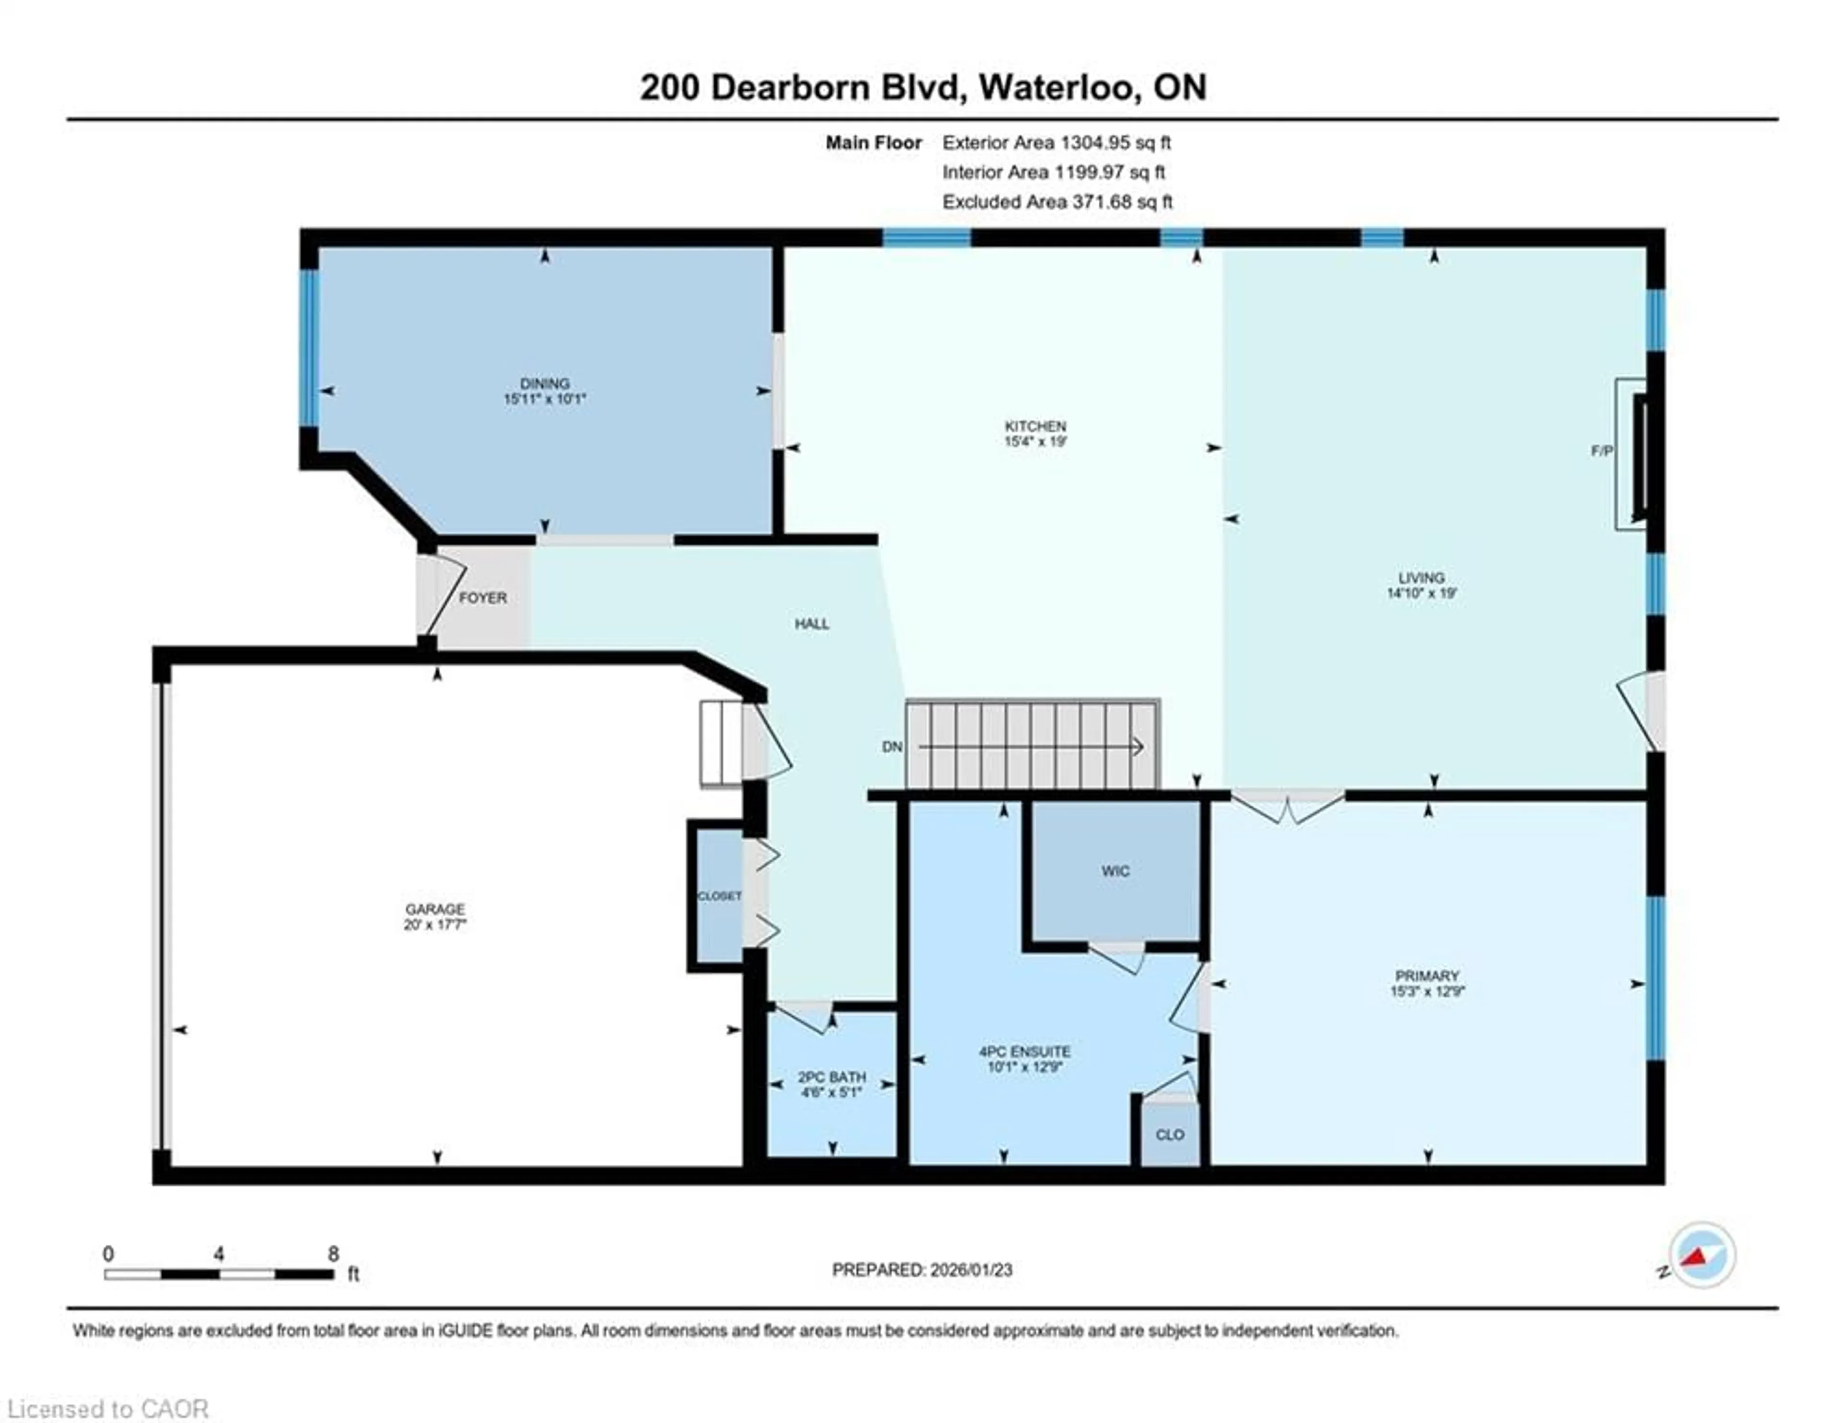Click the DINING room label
click(545, 383)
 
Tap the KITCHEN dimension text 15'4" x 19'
click(1035, 441)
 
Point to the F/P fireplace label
click(1601, 451)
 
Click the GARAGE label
click(435, 909)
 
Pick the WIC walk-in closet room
click(1115, 871)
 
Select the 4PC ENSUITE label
click(1024, 1051)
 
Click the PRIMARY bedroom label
click(1426, 976)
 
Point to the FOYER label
click(483, 598)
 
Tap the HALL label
click(812, 624)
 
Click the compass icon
click(1701, 1255)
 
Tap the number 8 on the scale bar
click(334, 1254)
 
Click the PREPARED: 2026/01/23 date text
click(922, 1270)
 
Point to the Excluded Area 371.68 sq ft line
click(1057, 202)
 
